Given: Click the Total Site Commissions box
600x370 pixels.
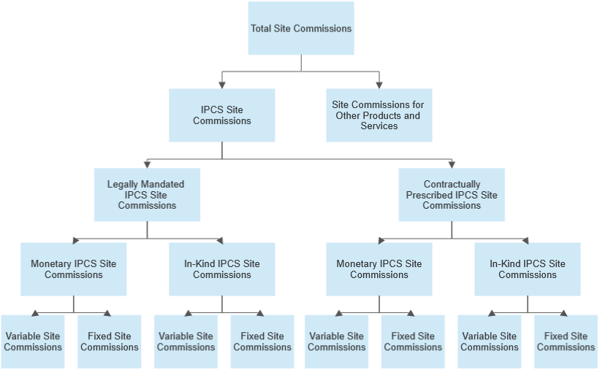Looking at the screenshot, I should pyautogui.click(x=301, y=28).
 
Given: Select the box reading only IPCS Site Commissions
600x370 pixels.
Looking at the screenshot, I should pyautogui.click(x=222, y=115).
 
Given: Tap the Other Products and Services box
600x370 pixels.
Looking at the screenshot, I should pyautogui.click(x=379, y=115).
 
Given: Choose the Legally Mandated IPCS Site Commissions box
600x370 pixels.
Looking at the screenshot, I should pyautogui.click(x=147, y=195).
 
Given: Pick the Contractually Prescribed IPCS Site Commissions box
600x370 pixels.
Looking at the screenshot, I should pyautogui.click(x=451, y=195).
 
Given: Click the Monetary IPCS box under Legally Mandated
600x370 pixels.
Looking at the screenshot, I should pyautogui.click(x=73, y=269).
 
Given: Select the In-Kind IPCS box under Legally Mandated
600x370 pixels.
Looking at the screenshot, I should pyautogui.click(x=222, y=269).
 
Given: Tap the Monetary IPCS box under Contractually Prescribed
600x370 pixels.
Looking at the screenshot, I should pyautogui.click(x=379, y=269).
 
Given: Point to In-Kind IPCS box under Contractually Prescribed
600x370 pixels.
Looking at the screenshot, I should pyautogui.click(x=528, y=269).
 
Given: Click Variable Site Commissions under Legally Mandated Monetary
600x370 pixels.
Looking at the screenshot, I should pyautogui.click(x=33, y=342).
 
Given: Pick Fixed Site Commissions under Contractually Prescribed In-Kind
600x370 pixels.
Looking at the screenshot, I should pyautogui.click(x=566, y=342).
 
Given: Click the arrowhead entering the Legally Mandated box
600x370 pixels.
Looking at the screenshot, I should pyautogui.click(x=147, y=164).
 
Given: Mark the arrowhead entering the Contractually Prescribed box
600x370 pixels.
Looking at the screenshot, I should pyautogui.click(x=452, y=164).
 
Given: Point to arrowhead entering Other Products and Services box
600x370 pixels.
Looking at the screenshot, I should pyautogui.click(x=379, y=85).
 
